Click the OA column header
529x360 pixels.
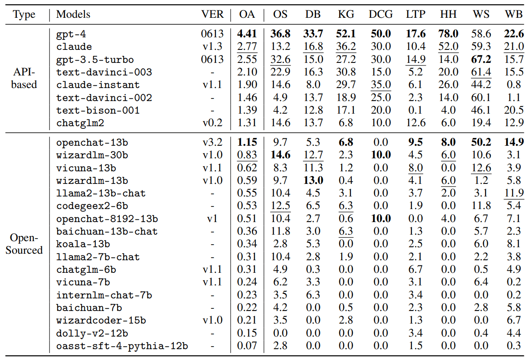point(247,14)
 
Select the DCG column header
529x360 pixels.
point(381,14)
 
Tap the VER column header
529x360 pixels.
point(212,14)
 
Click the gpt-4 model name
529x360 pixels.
point(68,34)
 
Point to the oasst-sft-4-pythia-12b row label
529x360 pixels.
point(122,346)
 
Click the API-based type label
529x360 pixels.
point(24,78)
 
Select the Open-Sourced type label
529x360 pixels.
point(24,244)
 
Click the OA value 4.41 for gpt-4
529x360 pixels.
point(247,34)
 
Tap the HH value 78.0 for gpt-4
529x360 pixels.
point(448,34)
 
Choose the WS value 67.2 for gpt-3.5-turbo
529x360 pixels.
point(481,59)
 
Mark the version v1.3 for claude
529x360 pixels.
point(212,46)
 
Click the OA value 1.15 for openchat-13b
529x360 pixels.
point(247,142)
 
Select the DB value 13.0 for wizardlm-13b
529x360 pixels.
point(313,180)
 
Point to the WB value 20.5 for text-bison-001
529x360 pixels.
point(514,110)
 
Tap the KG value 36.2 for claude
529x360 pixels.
point(346,46)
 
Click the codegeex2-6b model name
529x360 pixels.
point(92,206)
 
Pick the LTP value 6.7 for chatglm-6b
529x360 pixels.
point(415,270)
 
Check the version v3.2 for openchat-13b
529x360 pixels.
point(212,142)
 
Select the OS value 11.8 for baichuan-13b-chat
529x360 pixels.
point(280,232)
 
